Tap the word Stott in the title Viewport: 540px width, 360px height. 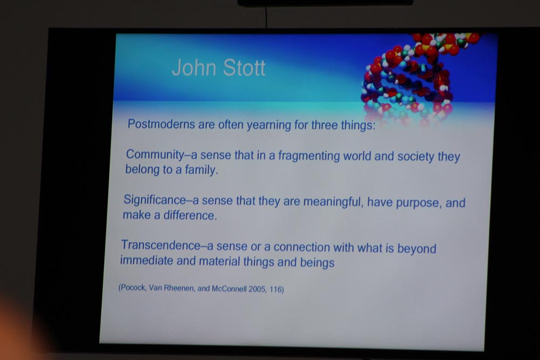[244, 67]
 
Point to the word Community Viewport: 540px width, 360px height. [155, 154]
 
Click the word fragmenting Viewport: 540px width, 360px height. [309, 156]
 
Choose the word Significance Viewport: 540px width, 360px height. [154, 200]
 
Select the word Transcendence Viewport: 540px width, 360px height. [160, 245]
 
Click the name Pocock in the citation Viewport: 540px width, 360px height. [133, 288]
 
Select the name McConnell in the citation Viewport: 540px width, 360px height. [229, 289]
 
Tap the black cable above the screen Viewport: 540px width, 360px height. [266, 17]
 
